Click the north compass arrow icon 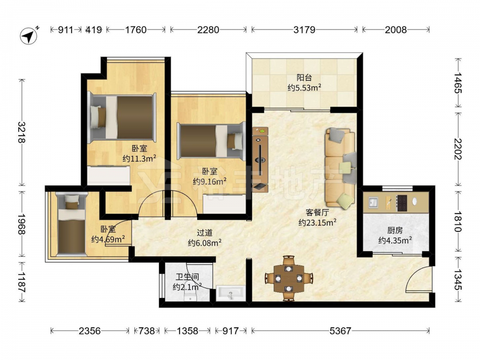point(29,36)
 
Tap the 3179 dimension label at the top point(304,30)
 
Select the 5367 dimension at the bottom point(340,331)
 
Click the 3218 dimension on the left point(22,132)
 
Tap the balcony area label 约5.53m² point(304,88)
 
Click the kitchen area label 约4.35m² point(395,240)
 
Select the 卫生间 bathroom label point(187,277)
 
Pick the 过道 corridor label point(204,233)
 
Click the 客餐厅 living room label point(317,213)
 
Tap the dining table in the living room point(288,278)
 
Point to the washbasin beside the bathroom point(230,294)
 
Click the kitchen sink point(373,202)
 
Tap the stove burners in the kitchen point(402,203)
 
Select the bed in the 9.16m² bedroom point(212,142)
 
